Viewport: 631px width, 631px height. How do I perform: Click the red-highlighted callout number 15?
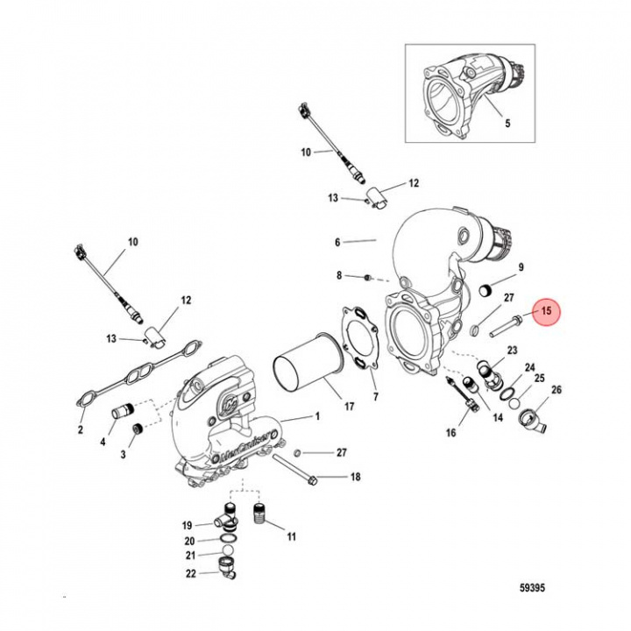[x=545, y=311]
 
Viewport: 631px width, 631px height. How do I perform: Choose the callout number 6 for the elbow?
[x=337, y=239]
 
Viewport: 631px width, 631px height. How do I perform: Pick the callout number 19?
[x=187, y=525]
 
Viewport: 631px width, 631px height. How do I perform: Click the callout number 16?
[x=451, y=432]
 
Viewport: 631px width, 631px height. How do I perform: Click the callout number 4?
[x=103, y=443]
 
